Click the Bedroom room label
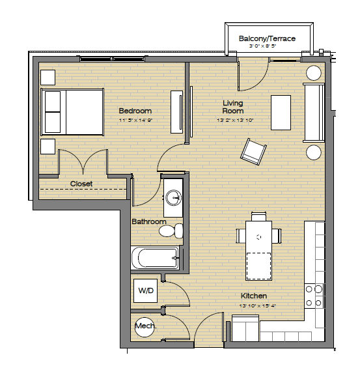(135, 111)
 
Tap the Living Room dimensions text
(235, 120)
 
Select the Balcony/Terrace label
(267, 38)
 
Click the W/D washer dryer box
(145, 290)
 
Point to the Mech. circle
(145, 327)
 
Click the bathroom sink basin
(173, 197)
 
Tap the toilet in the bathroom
(171, 231)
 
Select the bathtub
(155, 258)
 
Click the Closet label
(81, 184)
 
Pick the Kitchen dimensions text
(258, 306)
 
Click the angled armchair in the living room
(253, 152)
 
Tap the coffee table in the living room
(281, 113)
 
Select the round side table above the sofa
(314, 73)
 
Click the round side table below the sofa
(314, 152)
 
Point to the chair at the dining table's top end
(258, 216)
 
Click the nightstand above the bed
(48, 78)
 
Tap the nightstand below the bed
(48, 147)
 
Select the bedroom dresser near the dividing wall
(176, 112)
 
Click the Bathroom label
(149, 221)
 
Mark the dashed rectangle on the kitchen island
(258, 266)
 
